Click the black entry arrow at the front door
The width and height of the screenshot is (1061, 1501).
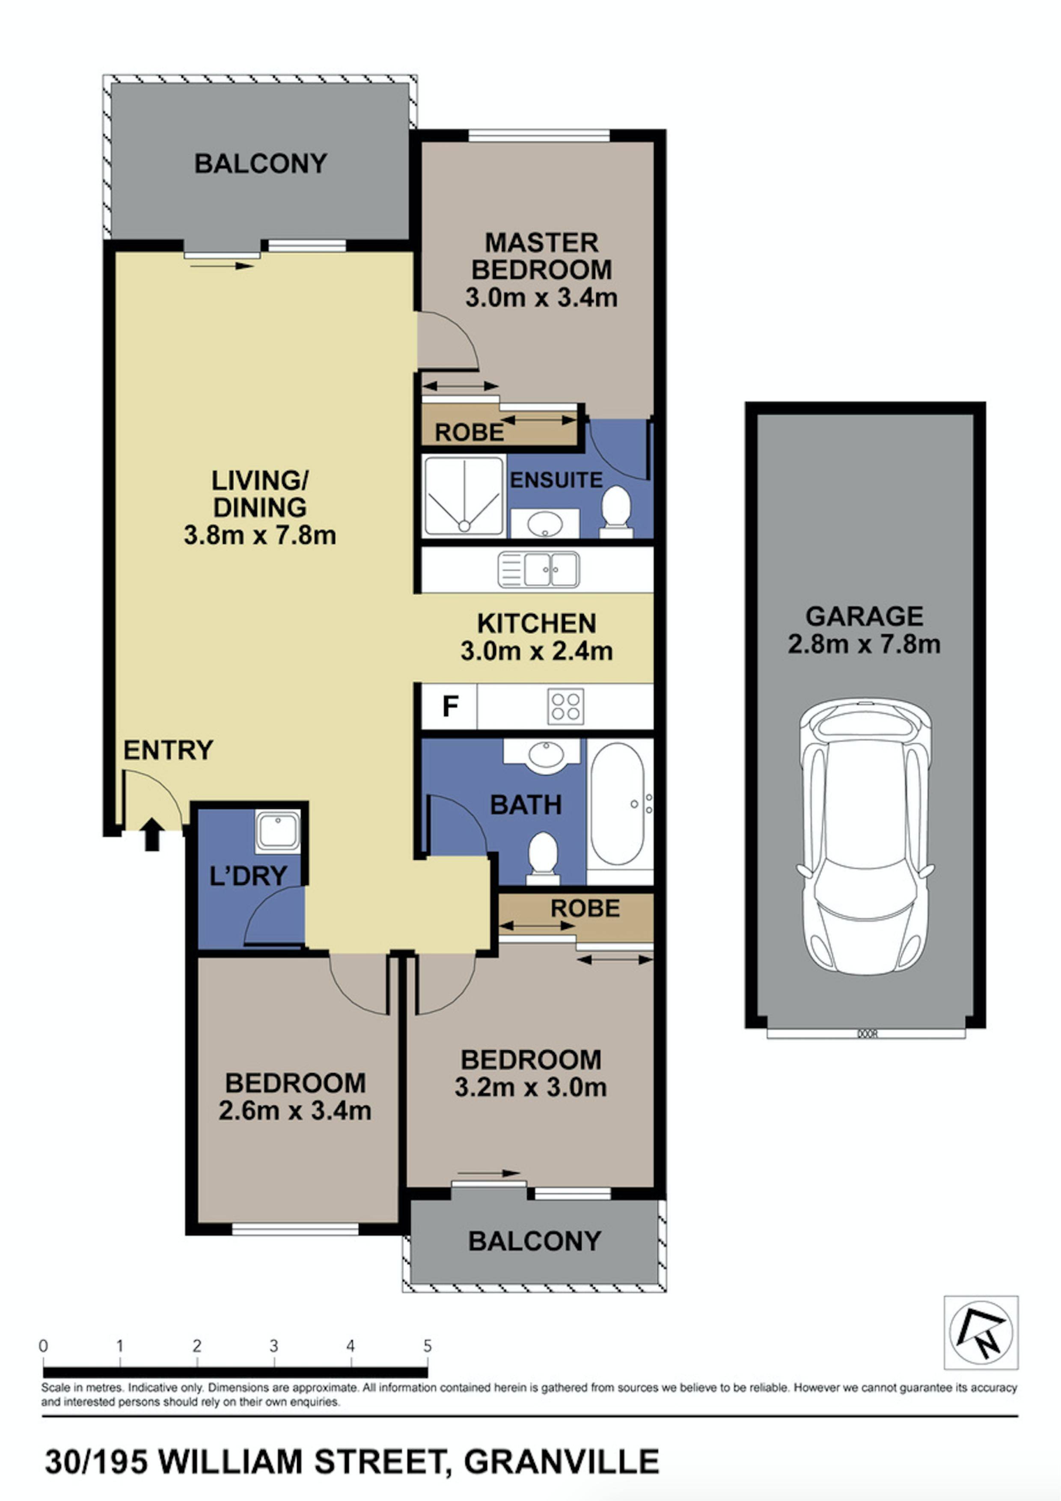point(152,835)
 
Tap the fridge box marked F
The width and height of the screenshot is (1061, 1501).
point(450,706)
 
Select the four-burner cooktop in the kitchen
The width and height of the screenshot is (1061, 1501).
point(566,706)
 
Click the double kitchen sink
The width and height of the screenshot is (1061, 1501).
point(539,570)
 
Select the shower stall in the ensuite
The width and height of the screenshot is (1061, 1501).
point(464,497)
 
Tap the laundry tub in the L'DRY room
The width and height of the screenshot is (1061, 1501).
point(278,831)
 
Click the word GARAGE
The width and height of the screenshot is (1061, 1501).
point(864,617)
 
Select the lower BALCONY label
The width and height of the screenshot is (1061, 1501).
point(535,1241)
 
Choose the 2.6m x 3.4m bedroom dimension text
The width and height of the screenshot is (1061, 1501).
point(295,1111)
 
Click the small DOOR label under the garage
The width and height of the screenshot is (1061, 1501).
point(867,1034)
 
